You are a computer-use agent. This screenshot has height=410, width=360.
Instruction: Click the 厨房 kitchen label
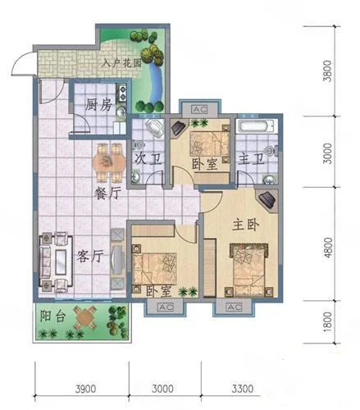[98, 105]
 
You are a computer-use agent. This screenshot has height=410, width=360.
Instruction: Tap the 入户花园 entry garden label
[121, 63]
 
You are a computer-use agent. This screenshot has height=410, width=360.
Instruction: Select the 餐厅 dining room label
[107, 194]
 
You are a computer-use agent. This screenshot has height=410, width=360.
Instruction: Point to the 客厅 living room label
[90, 256]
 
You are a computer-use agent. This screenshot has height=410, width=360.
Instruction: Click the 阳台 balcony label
[52, 316]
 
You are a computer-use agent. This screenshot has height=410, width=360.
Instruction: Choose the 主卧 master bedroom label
[245, 225]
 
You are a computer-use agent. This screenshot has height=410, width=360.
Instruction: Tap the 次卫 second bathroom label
[148, 158]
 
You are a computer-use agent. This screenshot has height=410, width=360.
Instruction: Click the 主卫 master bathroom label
[252, 158]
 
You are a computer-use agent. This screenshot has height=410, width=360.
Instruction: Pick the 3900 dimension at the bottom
[85, 389]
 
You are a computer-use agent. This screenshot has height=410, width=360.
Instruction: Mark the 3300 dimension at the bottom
[243, 389]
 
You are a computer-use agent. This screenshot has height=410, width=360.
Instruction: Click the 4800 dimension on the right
[327, 248]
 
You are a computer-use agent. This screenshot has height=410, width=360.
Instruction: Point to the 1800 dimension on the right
[327, 321]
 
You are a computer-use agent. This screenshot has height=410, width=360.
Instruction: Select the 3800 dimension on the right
[327, 71]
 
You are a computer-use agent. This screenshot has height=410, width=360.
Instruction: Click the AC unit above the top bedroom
[200, 110]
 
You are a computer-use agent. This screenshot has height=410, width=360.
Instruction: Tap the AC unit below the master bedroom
[234, 307]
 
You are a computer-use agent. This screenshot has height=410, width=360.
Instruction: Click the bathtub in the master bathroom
[256, 126]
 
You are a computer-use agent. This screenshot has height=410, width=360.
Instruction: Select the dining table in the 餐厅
[109, 162]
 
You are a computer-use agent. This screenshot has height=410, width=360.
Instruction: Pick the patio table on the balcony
[85, 317]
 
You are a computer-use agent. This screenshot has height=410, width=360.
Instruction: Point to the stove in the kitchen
[121, 93]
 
